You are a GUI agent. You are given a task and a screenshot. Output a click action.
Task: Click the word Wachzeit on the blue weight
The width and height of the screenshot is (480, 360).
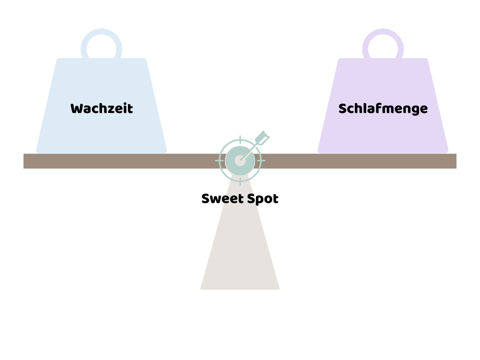point(102,109)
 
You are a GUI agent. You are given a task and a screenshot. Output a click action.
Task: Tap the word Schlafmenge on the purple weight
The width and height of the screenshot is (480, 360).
point(383,109)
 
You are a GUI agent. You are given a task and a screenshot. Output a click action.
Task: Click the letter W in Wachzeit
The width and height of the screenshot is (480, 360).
point(76,109)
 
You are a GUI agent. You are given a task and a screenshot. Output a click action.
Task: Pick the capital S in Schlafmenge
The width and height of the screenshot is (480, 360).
point(342,109)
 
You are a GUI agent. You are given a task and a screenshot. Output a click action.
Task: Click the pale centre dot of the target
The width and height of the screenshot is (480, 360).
point(240,161)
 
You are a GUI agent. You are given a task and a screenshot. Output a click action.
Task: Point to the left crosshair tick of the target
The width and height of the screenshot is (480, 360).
point(218,161)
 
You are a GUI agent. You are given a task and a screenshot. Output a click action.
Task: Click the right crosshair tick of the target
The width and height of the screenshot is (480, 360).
point(262,161)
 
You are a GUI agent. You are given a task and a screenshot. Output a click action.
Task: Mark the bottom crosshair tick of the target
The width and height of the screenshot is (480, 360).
point(240,182)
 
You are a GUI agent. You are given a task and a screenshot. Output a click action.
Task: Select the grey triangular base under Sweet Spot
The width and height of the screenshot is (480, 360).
point(240,253)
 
